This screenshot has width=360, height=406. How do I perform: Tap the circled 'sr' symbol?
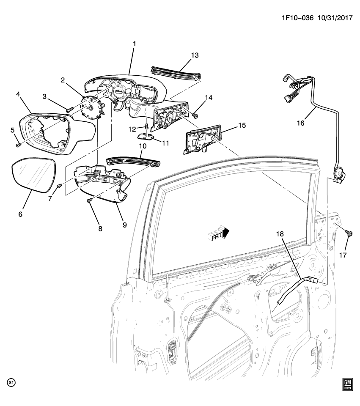[11, 383]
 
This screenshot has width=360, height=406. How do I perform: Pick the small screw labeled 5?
[18, 145]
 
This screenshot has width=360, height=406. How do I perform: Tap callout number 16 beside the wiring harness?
[300, 123]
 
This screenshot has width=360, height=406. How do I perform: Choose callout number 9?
[125, 225]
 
